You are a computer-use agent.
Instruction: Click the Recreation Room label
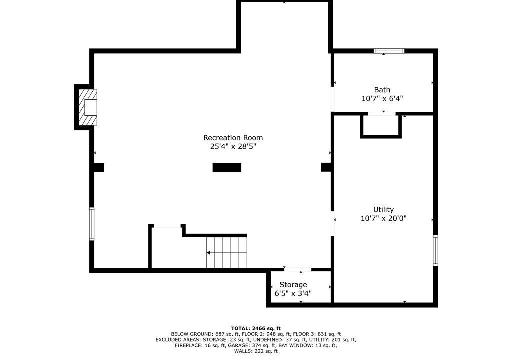(233, 138)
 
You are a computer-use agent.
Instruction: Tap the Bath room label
(382, 90)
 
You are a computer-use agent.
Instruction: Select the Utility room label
(383, 209)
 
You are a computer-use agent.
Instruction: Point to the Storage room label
(293, 285)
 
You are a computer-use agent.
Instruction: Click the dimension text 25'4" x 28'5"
(233, 146)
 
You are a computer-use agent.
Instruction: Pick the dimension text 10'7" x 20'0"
(383, 218)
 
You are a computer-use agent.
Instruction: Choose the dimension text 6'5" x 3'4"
(293, 293)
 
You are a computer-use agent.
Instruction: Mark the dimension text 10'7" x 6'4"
(382, 98)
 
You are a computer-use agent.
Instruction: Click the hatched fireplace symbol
(88, 107)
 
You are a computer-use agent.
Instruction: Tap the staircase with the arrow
(227, 253)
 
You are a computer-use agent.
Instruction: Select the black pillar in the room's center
(227, 167)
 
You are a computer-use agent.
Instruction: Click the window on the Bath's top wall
(389, 51)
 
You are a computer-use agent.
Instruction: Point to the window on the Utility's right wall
(435, 250)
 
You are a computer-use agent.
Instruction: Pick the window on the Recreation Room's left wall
(92, 224)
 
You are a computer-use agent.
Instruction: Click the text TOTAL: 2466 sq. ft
(256, 328)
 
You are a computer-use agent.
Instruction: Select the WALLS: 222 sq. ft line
(256, 351)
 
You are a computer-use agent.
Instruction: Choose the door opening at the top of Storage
(298, 270)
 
